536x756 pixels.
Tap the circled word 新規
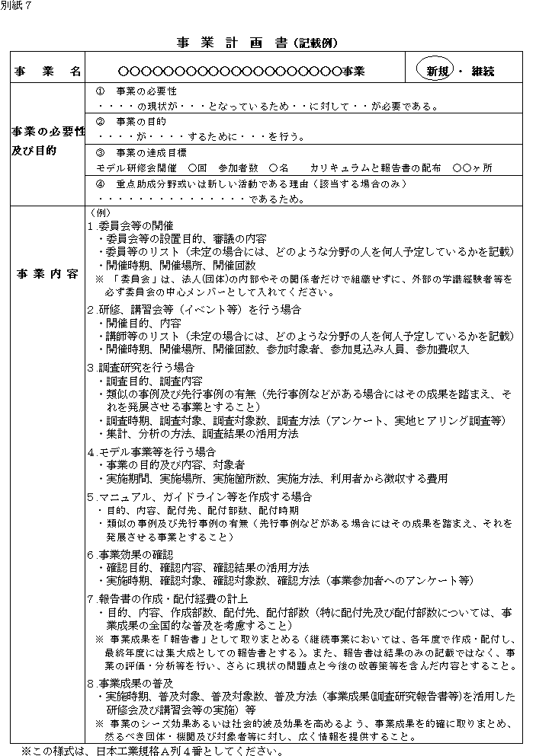pyautogui.click(x=437, y=72)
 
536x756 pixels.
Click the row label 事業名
pyautogui.click(x=47, y=72)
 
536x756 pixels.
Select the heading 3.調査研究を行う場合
pyautogui.click(x=140, y=366)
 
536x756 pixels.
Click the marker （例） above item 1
pyautogui.click(x=101, y=212)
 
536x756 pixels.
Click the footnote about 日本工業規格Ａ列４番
pyautogui.click(x=152, y=749)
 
